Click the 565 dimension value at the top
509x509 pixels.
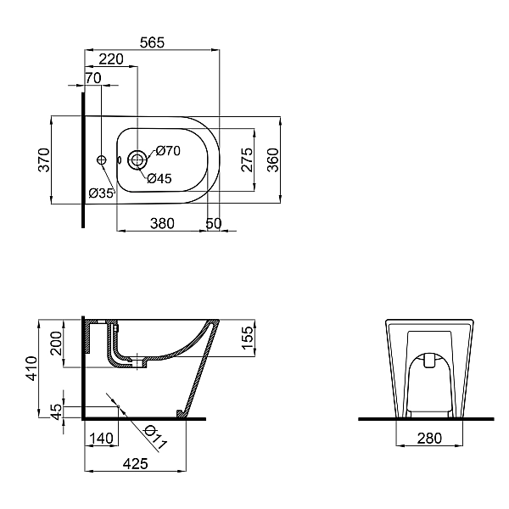(151, 41)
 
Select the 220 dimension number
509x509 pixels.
(111, 59)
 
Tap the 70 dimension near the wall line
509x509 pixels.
(92, 78)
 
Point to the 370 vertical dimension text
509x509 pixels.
(44, 159)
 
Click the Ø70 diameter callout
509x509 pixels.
(168, 151)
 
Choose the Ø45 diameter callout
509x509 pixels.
(159, 178)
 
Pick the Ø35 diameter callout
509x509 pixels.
(101, 193)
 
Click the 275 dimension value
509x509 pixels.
(247, 159)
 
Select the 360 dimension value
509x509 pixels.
(273, 159)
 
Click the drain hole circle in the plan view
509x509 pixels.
(137, 159)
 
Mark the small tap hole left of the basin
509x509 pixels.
(102, 159)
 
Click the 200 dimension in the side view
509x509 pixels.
(56, 344)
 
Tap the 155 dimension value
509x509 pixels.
(247, 335)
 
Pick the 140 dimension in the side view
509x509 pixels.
(101, 438)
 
